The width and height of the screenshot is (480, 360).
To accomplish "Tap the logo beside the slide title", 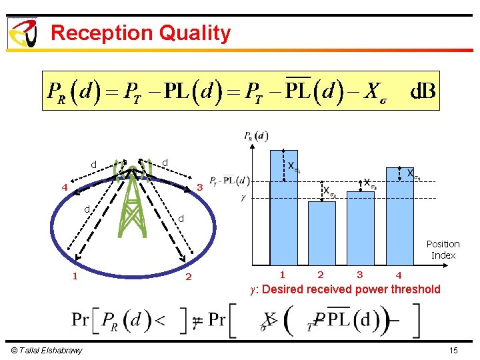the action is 22,33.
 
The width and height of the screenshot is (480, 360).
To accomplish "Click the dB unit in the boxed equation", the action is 422,90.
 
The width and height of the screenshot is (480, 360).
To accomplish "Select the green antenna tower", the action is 133,200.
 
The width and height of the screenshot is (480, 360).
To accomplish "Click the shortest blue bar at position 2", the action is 321,233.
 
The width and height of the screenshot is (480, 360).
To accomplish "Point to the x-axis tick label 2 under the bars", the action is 321,275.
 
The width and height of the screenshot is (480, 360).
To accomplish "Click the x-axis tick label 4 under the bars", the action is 399,275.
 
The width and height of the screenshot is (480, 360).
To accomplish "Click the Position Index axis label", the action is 443,249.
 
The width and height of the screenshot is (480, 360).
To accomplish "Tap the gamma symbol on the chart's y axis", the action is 244,198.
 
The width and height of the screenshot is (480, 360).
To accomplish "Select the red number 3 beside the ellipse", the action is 199,187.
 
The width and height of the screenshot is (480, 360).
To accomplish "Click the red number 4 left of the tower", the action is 64,187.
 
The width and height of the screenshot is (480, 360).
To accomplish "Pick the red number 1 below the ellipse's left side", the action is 75,275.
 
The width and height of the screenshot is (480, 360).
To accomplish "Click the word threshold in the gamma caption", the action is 416,289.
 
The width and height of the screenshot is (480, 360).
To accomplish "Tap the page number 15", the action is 453,351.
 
